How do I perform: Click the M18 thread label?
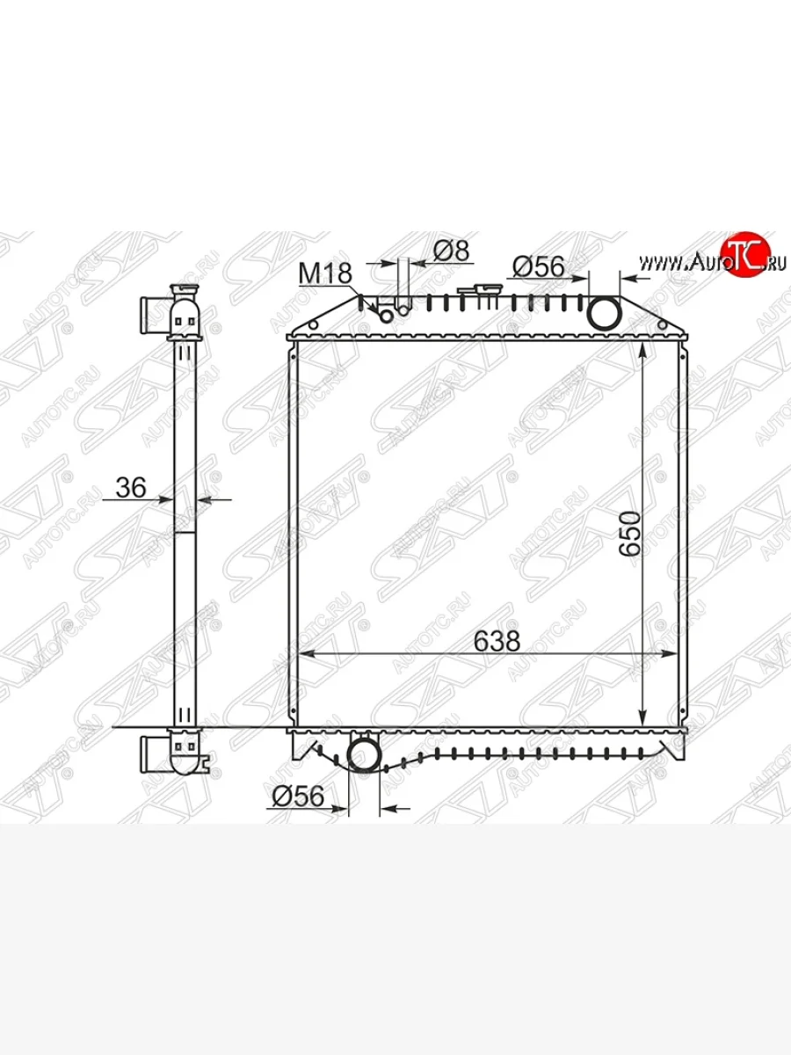325,273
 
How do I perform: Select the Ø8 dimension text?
451,251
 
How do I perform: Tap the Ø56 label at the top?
539,266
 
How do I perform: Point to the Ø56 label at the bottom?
298,796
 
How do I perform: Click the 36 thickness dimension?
131,488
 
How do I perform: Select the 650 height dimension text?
630,535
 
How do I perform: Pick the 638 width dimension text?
497,641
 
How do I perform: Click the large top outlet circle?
605,313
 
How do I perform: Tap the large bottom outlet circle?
364,754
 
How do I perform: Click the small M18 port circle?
387,316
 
